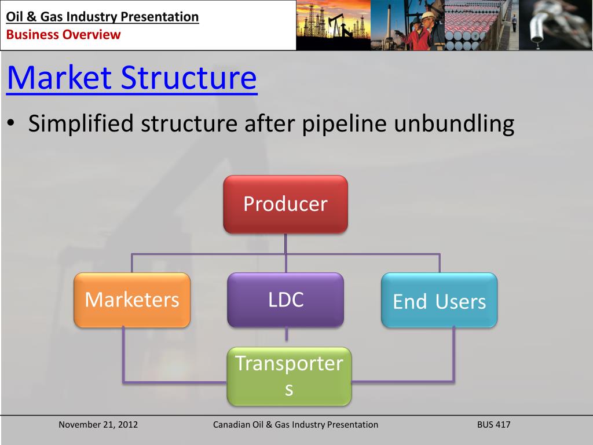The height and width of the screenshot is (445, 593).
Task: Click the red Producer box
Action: click(285, 205)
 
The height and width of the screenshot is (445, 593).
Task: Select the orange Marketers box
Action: click(132, 300)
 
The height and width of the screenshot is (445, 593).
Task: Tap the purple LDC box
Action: click(285, 300)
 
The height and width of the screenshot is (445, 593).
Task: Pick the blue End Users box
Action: click(439, 300)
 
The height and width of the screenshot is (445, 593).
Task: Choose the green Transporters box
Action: click(290, 377)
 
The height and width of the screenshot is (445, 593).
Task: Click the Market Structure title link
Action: click(132, 78)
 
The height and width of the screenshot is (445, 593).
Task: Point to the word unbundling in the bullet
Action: click(454, 124)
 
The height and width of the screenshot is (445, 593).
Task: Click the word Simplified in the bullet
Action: click(81, 124)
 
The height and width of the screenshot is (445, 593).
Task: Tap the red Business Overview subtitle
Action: click(63, 34)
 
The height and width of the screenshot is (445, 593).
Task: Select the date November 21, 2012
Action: click(98, 425)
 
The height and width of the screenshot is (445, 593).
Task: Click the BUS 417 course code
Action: click(493, 425)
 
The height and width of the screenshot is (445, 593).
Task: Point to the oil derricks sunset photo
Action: click(333, 25)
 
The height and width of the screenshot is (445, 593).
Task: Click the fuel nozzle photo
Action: click(555, 25)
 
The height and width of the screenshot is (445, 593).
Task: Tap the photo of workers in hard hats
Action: click(407, 25)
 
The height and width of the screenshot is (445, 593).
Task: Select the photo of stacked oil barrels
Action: click(481, 25)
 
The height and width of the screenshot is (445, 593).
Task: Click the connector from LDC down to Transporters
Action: click(286, 335)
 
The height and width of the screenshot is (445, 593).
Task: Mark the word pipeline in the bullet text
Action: click(344, 124)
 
